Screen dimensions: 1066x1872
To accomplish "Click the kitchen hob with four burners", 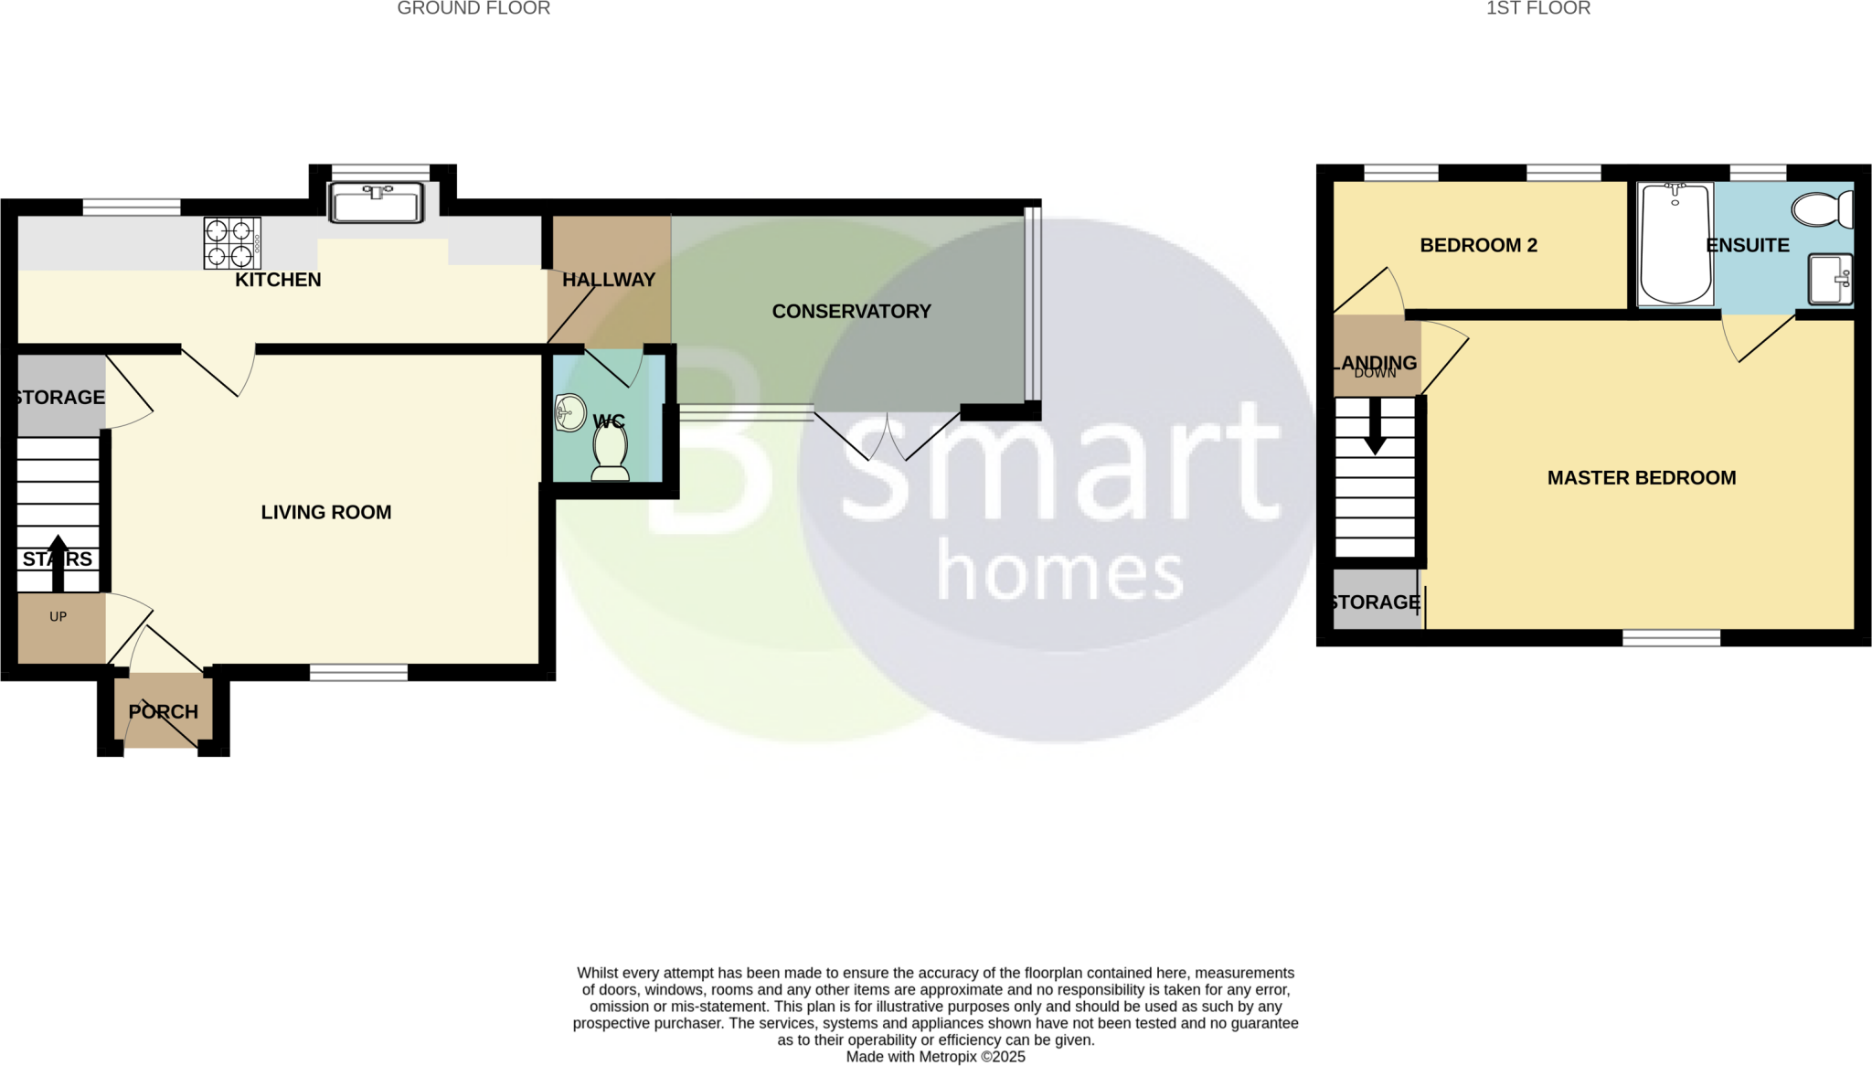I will coord(231,243).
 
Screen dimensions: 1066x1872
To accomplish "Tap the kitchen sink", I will coord(377,202).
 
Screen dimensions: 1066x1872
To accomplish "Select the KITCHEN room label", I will coord(278,280).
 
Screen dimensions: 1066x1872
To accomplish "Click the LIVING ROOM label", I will coord(326,512).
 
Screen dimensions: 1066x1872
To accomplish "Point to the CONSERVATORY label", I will coord(851,312).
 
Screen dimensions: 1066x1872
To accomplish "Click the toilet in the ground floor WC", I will coord(611,453).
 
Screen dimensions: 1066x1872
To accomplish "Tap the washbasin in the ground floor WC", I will coord(570,413).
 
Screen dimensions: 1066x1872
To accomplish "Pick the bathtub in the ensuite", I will coord(1675,243).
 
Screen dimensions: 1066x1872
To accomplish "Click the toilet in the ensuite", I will coord(1823,209).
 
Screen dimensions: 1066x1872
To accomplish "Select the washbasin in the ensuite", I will coord(1830,279).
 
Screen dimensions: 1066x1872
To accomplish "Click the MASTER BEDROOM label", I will coord(1641,478).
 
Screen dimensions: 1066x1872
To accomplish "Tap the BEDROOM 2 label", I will coord(1478,245).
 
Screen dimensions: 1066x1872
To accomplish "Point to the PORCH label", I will coord(163,711).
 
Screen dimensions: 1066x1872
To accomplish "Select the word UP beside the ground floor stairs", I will coord(58,616).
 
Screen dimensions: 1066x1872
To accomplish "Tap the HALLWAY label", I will coord(609,280).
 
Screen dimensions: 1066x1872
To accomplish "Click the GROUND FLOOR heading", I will coord(473,9).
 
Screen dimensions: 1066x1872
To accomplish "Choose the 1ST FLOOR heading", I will coord(1537,9).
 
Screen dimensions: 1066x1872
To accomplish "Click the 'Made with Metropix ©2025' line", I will coord(935,1057).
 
